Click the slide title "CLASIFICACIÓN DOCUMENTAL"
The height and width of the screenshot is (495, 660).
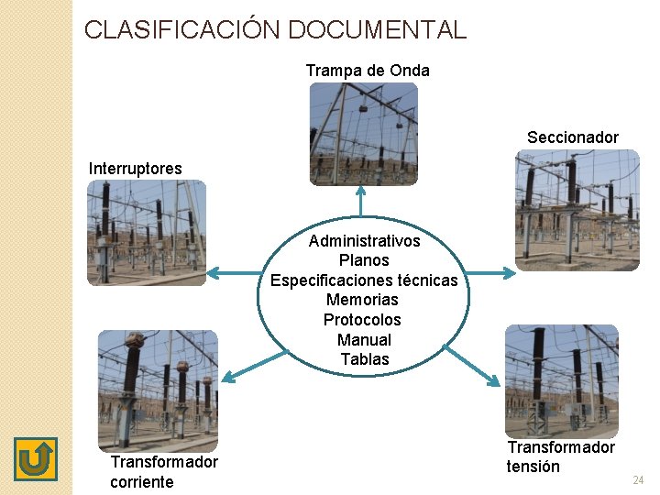click(x=275, y=29)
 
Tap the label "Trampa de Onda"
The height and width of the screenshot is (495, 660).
click(x=367, y=71)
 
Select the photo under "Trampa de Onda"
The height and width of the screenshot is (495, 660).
click(x=363, y=134)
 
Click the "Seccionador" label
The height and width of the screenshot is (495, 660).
click(x=572, y=137)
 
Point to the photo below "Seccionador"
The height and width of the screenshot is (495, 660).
click(x=576, y=210)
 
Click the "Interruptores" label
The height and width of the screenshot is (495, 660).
click(x=135, y=169)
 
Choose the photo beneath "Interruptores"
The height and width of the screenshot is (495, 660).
click(x=147, y=232)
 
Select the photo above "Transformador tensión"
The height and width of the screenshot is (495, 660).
click(x=561, y=379)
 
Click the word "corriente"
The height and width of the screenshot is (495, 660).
click(x=141, y=482)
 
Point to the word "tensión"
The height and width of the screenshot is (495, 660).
click(x=533, y=467)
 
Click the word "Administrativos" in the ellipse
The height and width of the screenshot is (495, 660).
click(x=364, y=241)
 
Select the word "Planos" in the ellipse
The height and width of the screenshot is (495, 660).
click(x=364, y=260)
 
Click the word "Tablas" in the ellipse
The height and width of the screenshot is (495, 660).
click(x=364, y=359)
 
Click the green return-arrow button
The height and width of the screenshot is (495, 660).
click(x=36, y=458)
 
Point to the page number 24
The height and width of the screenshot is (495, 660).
click(x=638, y=480)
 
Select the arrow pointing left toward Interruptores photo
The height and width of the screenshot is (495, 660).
click(x=234, y=272)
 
